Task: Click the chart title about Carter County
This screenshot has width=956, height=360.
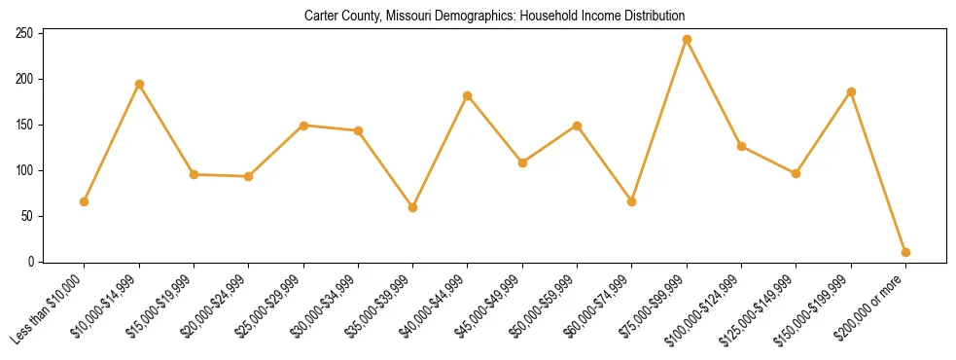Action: click(x=494, y=17)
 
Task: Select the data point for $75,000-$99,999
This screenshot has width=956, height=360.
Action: click(x=687, y=40)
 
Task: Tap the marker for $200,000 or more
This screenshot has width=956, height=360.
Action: click(x=905, y=252)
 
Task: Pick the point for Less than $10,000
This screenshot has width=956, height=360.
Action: click(x=85, y=201)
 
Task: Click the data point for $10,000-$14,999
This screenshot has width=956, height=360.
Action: click(x=139, y=84)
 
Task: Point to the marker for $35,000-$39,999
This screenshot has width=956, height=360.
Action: click(x=413, y=207)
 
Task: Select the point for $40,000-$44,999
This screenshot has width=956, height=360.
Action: click(x=468, y=95)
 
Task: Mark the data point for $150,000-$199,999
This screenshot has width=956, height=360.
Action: click(x=851, y=91)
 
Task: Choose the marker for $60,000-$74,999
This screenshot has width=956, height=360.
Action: click(x=632, y=201)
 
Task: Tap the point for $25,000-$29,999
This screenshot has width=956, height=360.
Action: click(x=303, y=126)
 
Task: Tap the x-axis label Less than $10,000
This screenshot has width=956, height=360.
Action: click(x=50, y=309)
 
